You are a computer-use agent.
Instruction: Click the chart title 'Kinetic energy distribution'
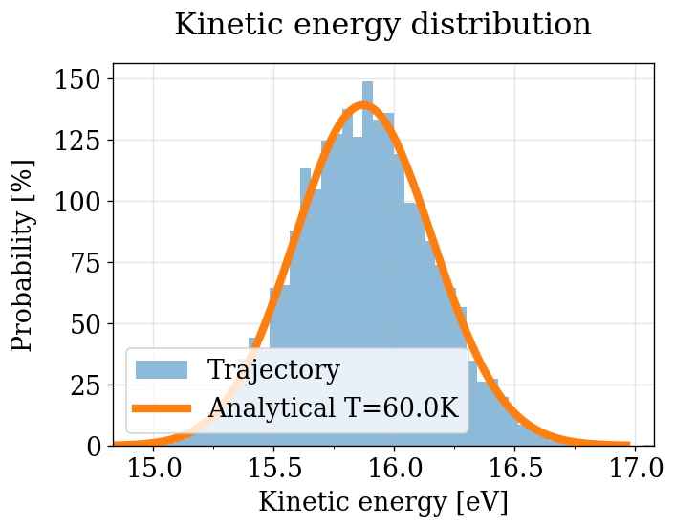[x=382, y=25]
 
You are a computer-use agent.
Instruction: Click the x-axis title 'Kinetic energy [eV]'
[x=382, y=502]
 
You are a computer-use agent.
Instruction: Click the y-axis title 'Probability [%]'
[x=23, y=255]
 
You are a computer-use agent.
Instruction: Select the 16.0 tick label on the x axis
[x=395, y=469]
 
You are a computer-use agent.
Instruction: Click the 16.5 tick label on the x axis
[x=515, y=469]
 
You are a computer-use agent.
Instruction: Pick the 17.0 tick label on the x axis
[x=636, y=469]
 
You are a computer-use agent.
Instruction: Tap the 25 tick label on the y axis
[x=85, y=385]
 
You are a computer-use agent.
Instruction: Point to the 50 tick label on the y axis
[x=85, y=324]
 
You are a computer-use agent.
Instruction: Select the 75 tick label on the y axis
[x=85, y=263]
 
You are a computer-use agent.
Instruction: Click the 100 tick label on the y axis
[x=78, y=202]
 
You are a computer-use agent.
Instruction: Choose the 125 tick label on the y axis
[x=78, y=141]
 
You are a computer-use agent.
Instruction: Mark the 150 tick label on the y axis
[x=78, y=79]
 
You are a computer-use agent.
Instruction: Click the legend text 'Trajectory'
[x=273, y=370]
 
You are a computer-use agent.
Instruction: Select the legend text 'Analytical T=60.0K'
[x=334, y=407]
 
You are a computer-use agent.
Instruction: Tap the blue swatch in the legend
[x=162, y=370]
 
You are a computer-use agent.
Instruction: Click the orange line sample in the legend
[x=162, y=408]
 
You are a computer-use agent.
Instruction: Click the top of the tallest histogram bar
[x=368, y=82]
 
